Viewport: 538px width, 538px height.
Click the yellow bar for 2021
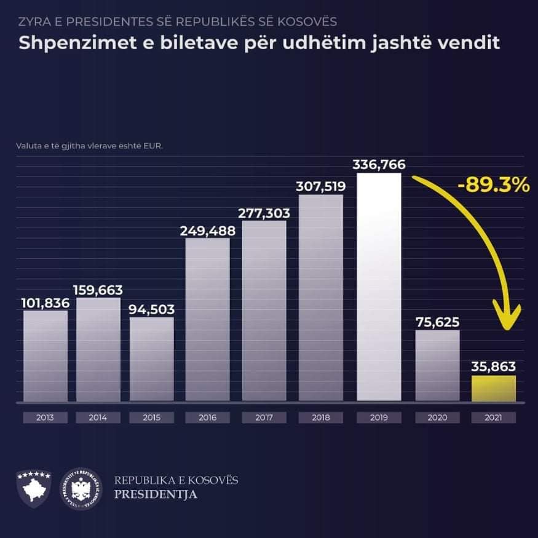(x=494, y=388)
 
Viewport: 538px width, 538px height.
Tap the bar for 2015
(x=151, y=359)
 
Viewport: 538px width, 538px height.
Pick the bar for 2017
(x=264, y=311)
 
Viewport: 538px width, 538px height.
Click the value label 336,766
(x=379, y=165)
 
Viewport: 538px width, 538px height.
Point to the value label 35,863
(x=494, y=367)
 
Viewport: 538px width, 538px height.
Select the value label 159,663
(x=98, y=290)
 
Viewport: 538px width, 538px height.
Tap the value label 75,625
(x=437, y=322)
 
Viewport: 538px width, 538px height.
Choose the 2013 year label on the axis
(x=45, y=417)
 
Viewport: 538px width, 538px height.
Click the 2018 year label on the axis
(x=321, y=417)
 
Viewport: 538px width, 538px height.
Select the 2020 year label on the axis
(x=437, y=417)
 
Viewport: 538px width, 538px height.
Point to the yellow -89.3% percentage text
(x=494, y=184)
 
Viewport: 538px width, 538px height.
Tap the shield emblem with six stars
(x=33, y=489)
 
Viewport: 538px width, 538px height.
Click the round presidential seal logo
(x=81, y=489)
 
